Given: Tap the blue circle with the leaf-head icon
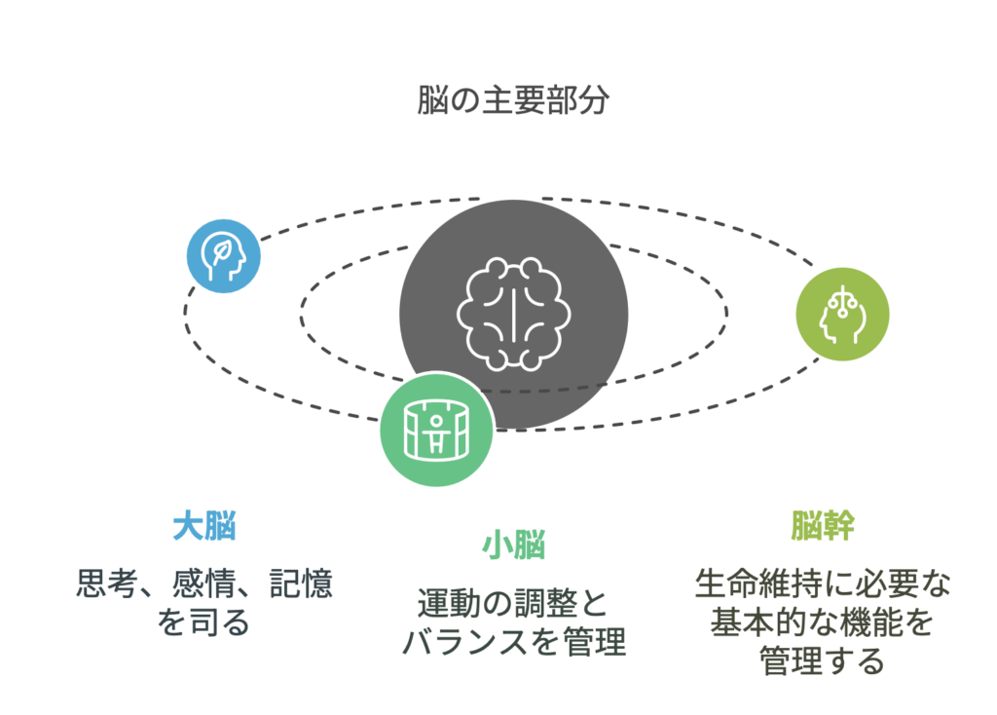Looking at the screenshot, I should tap(224, 256).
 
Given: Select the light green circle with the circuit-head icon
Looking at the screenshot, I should tap(842, 314).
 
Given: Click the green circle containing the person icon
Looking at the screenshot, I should tap(436, 429).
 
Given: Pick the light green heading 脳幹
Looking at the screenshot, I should tap(823, 527).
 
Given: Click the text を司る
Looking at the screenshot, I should tap(204, 621).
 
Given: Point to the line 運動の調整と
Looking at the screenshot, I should tap(513, 603).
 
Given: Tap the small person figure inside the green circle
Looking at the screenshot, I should tap(436, 431).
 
